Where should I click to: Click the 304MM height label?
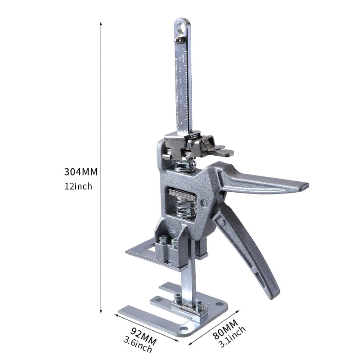81,171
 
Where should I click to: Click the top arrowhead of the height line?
101,22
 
